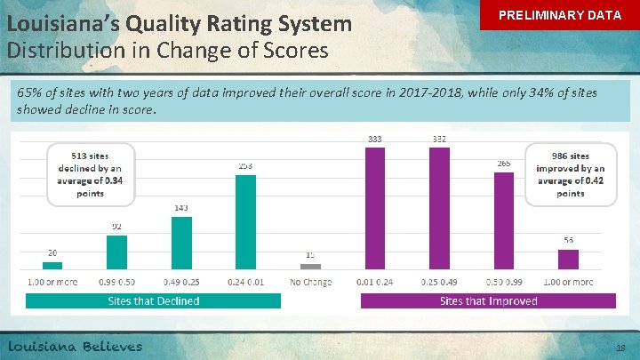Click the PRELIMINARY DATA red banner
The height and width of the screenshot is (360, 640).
[559, 16]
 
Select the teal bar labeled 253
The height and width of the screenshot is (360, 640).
[245, 221]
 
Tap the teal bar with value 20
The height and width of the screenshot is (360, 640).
[53, 265]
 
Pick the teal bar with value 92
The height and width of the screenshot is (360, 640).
[117, 252]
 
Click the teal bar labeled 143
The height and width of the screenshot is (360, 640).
[181, 242]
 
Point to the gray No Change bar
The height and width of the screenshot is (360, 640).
[310, 266]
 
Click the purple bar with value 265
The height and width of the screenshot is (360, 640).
[504, 220]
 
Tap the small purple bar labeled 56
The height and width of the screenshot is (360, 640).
[568, 259]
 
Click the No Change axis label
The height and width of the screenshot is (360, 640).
[310, 282]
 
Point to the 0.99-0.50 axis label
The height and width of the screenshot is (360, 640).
[117, 282]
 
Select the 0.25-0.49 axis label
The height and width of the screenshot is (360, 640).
[439, 282]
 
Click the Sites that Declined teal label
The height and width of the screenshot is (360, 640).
[153, 300]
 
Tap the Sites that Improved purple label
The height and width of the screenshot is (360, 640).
[488, 300]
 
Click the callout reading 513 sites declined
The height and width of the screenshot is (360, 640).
[91, 174]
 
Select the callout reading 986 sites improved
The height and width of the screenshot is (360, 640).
[571, 174]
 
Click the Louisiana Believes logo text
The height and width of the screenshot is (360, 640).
[75, 346]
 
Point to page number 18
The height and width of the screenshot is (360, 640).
[620, 348]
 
